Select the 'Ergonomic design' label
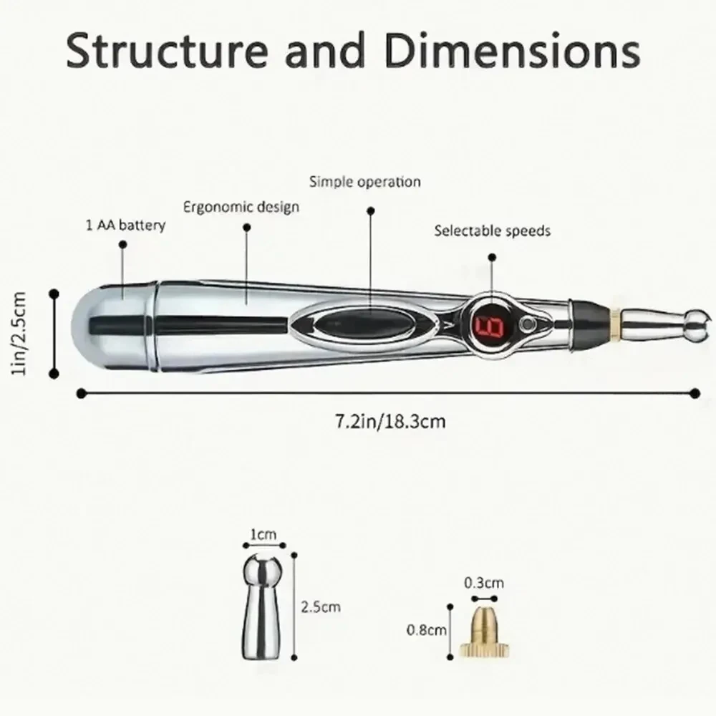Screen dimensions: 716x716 tap(241, 207)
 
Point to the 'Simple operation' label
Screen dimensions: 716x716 tap(364, 181)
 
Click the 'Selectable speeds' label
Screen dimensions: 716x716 tap(493, 231)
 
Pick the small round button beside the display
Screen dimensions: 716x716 tap(529, 324)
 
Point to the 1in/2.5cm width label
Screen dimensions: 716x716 tap(21, 333)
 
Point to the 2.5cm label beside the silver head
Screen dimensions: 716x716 tap(321, 607)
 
